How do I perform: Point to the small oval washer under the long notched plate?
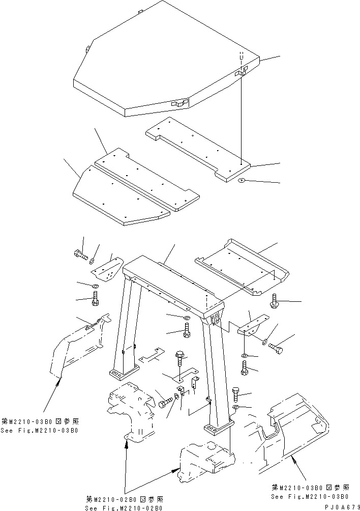pos(242,180)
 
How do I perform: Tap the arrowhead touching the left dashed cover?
pos(60,380)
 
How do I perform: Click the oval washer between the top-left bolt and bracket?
pos(92,262)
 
